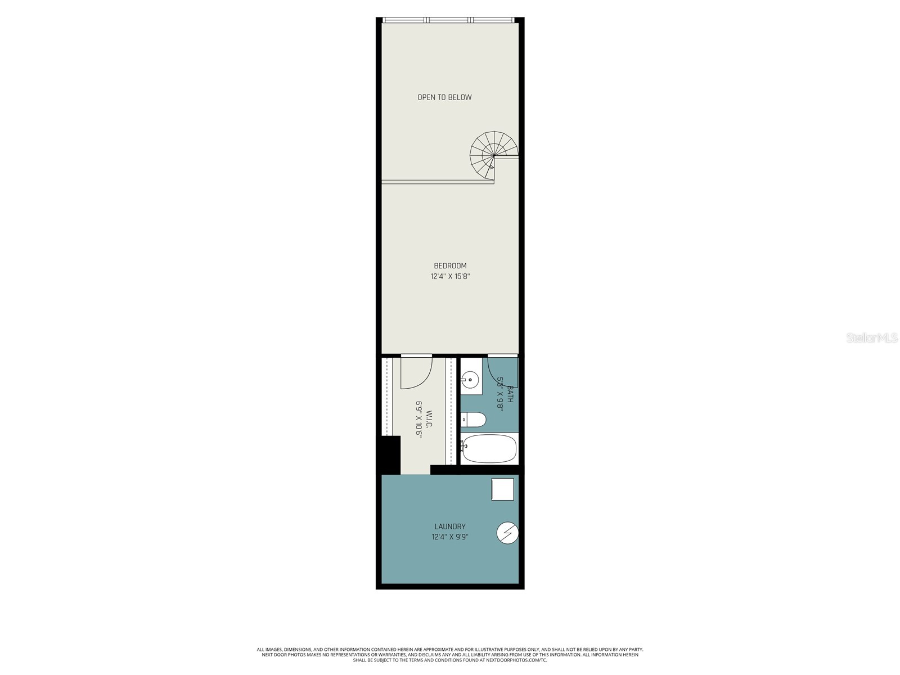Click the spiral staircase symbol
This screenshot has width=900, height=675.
tap(493, 155)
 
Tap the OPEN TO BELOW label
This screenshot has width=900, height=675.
tap(444, 97)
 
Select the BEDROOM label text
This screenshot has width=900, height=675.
tap(450, 265)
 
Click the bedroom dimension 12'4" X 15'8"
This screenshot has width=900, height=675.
tap(450, 276)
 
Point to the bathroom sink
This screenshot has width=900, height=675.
tap(470, 381)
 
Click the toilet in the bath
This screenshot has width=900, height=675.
tap(473, 420)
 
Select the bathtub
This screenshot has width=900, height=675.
tap(489, 448)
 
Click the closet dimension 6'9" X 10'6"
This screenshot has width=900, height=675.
tap(418, 420)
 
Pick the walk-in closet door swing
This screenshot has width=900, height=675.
tap(416, 373)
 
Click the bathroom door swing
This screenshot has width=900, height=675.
tap(502, 371)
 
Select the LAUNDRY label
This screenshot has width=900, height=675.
tap(450, 526)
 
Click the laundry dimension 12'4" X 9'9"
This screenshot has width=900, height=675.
tap(450, 537)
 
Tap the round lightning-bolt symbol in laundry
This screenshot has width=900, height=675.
tap(507, 533)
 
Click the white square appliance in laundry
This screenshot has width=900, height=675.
tap(502, 489)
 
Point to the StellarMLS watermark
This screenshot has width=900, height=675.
tap(872, 338)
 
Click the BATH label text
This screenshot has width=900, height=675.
tap(510, 394)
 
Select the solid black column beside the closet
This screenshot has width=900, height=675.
tap(390, 454)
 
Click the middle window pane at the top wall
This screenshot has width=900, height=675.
tap(450, 20)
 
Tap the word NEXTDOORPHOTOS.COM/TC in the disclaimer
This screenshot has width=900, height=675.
tap(521, 660)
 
